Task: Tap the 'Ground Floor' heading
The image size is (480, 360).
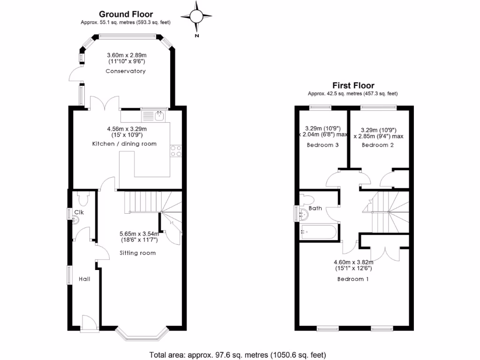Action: click(x=126, y=15)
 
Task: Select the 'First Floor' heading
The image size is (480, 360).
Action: click(x=353, y=85)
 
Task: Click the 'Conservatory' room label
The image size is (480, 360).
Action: click(x=125, y=71)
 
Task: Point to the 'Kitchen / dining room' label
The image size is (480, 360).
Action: click(x=124, y=143)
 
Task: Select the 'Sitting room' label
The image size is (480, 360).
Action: click(x=137, y=253)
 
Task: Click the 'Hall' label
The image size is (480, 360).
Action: click(x=84, y=279)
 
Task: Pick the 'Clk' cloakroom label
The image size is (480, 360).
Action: click(x=79, y=213)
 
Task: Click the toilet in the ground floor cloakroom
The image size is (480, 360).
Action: click(x=84, y=199)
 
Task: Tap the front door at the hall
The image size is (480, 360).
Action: click(x=89, y=323)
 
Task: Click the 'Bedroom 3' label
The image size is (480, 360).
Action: click(x=322, y=145)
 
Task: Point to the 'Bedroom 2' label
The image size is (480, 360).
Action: click(x=377, y=145)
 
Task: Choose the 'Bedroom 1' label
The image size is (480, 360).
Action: click(x=353, y=279)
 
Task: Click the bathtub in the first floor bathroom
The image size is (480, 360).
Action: click(x=319, y=231)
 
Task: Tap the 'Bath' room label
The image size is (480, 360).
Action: click(x=315, y=208)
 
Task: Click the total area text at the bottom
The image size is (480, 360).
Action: click(x=237, y=354)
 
